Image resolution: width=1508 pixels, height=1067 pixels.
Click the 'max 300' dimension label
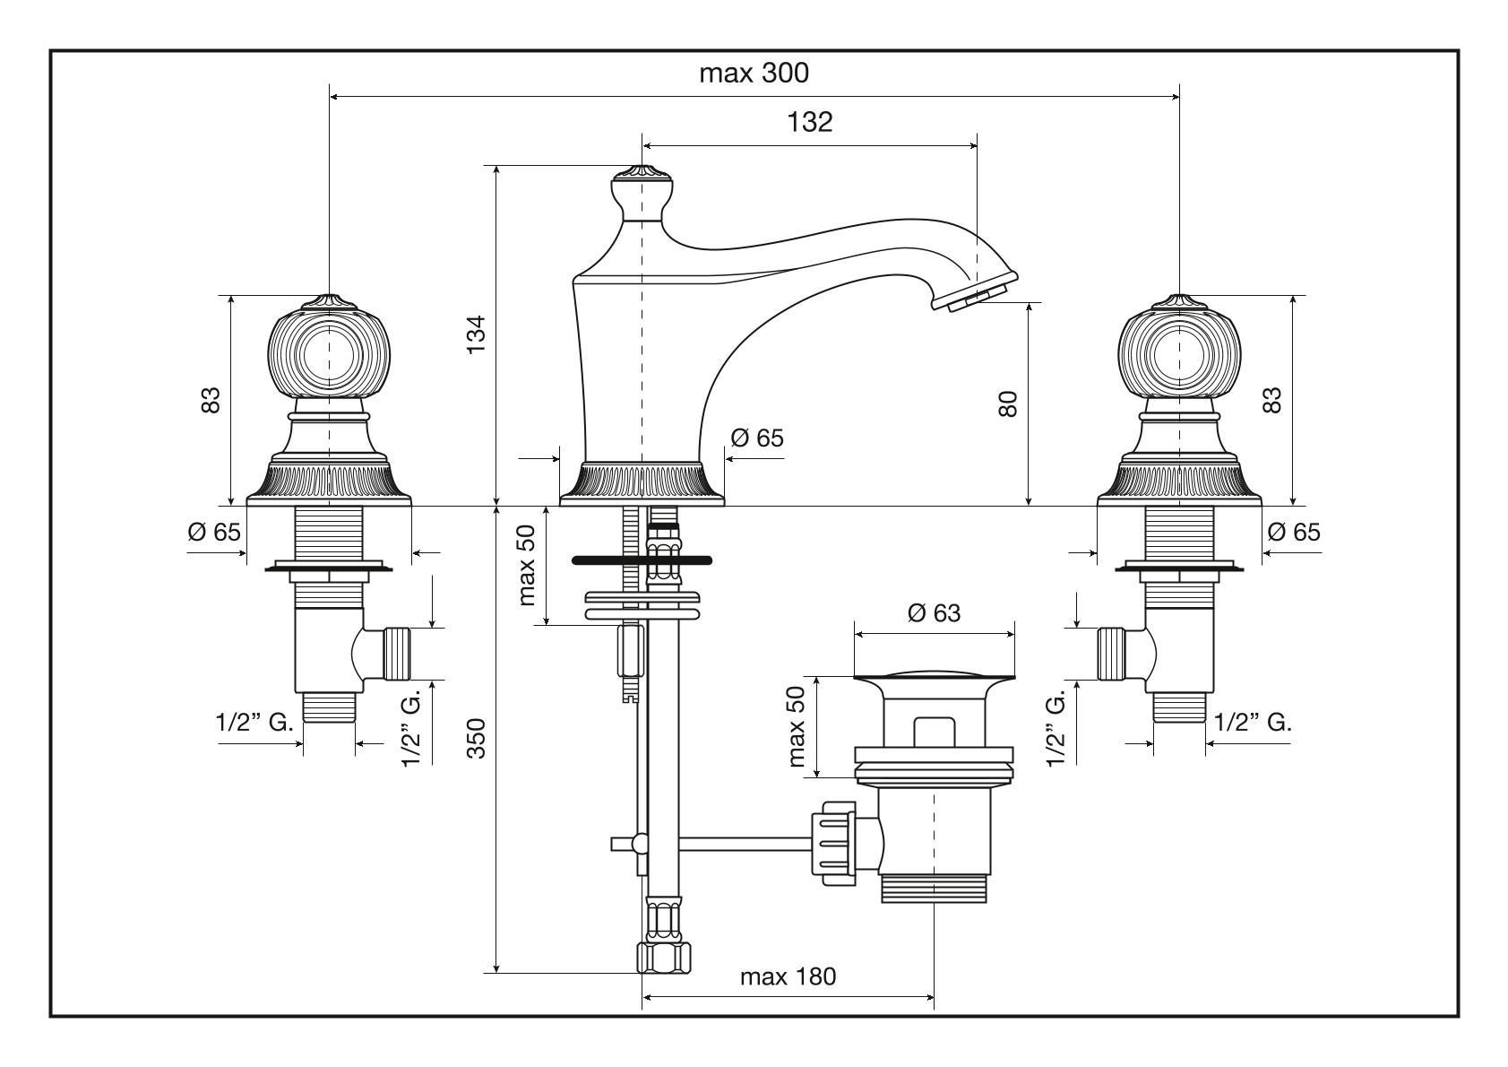click(x=754, y=74)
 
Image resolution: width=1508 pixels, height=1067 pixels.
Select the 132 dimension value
click(x=810, y=122)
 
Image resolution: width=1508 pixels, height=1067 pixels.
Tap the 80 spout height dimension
click(x=1008, y=403)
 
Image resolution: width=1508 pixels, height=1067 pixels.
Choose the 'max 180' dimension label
click(x=788, y=976)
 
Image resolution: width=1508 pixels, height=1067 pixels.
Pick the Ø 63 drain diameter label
click(x=934, y=613)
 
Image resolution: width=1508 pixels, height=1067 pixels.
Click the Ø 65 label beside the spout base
click(x=756, y=438)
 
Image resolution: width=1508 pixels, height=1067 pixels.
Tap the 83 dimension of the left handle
click(x=210, y=400)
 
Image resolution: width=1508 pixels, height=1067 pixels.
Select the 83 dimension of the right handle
click(x=1271, y=400)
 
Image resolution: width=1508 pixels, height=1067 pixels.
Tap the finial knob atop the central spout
click(x=642, y=192)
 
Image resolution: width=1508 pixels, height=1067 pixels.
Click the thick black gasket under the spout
click(x=642, y=560)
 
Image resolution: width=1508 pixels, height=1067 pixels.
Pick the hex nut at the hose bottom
click(x=663, y=958)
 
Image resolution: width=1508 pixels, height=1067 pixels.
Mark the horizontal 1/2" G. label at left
click(x=254, y=722)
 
